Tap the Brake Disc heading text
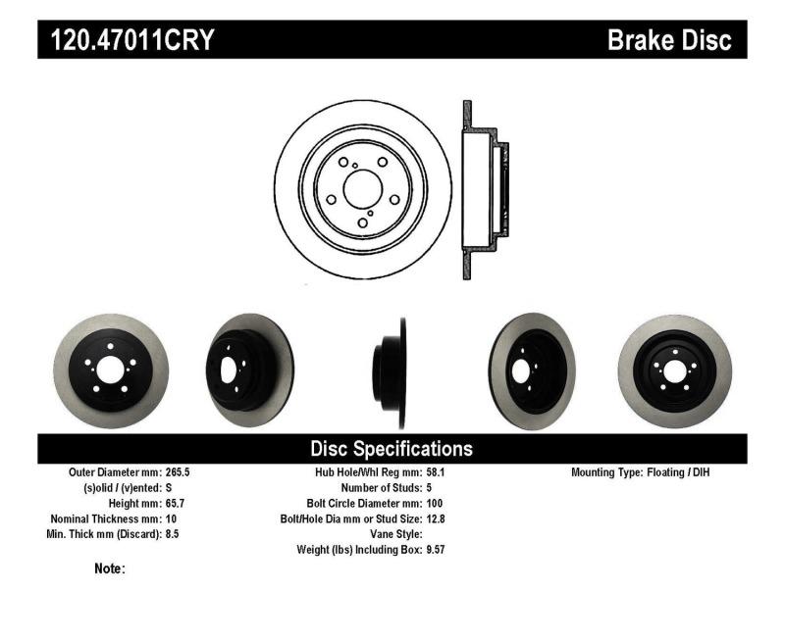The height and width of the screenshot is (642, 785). pos(669,40)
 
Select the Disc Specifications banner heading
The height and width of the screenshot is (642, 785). pos(392,449)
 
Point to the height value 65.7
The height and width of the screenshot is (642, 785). pos(173,503)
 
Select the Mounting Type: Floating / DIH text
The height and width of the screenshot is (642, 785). pos(640,471)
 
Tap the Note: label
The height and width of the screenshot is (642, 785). pos(109,568)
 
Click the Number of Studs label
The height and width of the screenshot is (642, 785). pos(381,487)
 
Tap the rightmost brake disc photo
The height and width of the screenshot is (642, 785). pos(675,370)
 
